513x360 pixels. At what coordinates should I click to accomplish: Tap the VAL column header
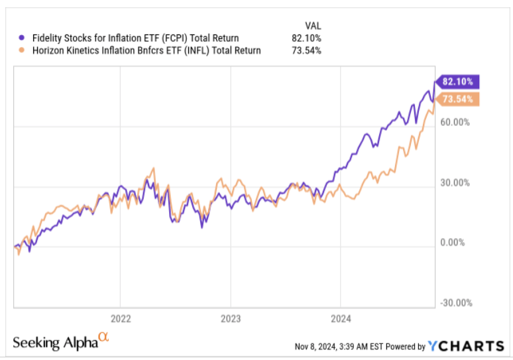coord(311,26)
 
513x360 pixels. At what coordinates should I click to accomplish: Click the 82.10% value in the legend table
coord(307,38)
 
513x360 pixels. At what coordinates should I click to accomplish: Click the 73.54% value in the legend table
coord(307,50)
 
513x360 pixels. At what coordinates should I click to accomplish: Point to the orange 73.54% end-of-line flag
coord(457,99)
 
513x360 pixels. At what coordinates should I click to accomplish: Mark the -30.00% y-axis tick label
coord(455,303)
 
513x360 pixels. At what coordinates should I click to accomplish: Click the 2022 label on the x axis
coord(120,317)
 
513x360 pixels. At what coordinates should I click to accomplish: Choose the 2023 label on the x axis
coord(230,317)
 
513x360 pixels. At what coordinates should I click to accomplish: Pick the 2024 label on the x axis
coord(340,317)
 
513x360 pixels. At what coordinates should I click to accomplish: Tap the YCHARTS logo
coord(466,345)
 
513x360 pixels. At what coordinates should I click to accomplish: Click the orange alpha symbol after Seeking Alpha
coord(103,338)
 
